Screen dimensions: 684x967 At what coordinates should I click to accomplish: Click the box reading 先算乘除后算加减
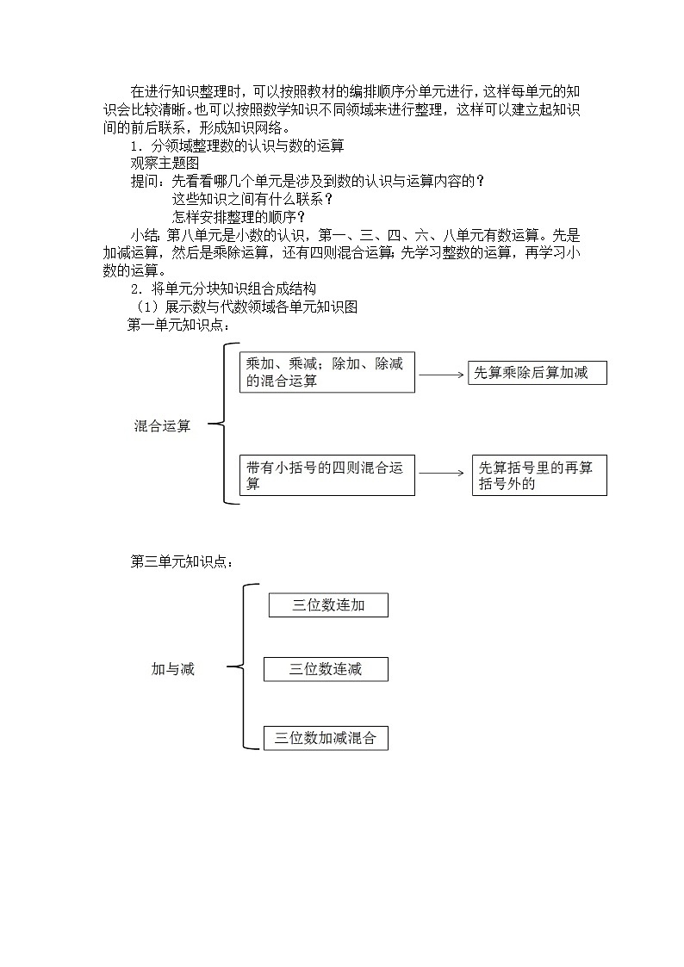point(538,373)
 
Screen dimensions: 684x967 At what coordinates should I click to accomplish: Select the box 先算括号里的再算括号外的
point(539,475)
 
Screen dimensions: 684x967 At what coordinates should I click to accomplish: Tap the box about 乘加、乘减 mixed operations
point(327,373)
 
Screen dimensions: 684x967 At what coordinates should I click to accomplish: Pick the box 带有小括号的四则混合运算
point(327,475)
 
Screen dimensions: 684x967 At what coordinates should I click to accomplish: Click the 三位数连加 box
point(328,605)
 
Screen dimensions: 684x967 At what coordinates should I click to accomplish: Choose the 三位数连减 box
point(326,669)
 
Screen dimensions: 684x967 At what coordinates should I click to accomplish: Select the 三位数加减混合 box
point(326,738)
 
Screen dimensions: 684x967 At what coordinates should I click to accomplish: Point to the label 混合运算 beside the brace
point(163,425)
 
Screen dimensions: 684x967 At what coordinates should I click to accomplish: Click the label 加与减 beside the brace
point(173,669)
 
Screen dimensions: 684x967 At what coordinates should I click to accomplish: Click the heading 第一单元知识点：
point(179,325)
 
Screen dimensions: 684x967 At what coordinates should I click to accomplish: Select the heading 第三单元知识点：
point(182,561)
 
